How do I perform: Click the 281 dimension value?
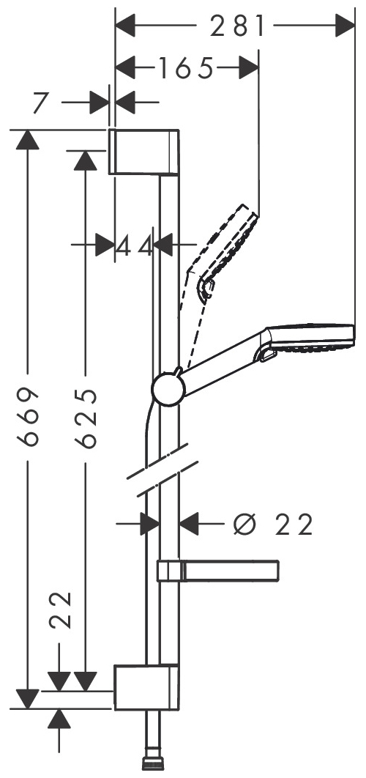point(237,26)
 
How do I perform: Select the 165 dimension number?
point(185,68)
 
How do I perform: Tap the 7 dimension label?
point(42,103)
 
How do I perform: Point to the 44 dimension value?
point(135,245)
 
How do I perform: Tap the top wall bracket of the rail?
point(143,152)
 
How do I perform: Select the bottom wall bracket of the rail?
point(146,686)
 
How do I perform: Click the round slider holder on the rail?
point(168,390)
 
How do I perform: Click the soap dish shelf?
point(217,570)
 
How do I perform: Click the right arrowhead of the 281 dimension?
point(346,26)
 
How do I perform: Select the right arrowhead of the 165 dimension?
point(249,68)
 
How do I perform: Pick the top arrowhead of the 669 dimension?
point(28,140)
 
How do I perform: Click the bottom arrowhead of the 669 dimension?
point(28,699)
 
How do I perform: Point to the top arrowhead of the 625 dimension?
point(86,160)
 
